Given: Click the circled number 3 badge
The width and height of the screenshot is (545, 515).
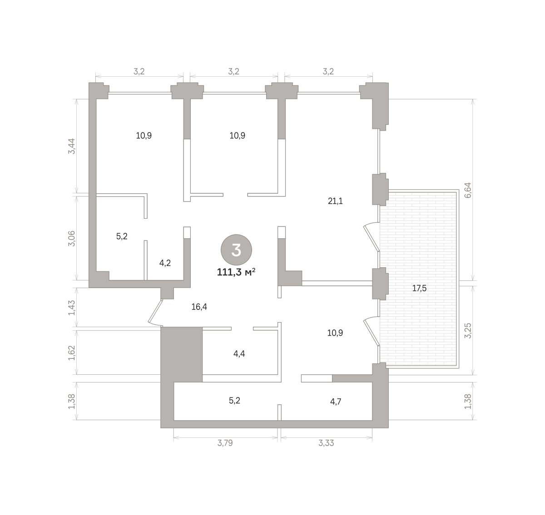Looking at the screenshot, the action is pos(236,250).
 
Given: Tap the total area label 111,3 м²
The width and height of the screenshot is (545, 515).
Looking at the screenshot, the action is pos(236,273).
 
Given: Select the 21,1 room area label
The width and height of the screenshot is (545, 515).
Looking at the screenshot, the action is pos(335,201).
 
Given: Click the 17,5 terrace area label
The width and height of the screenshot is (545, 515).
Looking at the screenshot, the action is pos(419,289).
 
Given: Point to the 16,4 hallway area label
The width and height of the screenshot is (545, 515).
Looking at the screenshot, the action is pos(199,307).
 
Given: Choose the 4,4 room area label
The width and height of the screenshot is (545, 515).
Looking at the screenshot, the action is pos(239,354).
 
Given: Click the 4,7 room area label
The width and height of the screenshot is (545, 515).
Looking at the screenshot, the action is pos(336,402).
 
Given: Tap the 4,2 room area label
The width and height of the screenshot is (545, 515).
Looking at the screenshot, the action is pos(165,263).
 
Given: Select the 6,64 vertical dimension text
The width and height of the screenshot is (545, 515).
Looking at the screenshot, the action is pos(468,190).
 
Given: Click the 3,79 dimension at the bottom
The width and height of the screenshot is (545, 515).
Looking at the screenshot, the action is pos(225,443).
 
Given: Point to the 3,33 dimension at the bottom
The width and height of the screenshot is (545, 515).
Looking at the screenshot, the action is pos(326,443).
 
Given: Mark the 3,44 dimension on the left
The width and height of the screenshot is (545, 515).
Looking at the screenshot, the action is pos(71,146).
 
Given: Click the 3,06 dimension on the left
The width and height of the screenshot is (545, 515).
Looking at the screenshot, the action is pos(71,239).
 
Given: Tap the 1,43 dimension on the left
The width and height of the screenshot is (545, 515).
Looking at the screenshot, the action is pos(71,308).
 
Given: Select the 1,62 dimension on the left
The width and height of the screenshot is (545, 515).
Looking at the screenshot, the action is pos(71,353).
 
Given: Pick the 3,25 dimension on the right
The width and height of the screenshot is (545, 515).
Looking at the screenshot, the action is pos(468,330).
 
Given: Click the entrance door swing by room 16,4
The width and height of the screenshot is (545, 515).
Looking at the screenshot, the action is pos(155,313).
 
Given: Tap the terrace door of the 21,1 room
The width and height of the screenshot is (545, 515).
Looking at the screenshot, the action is pos(372,237).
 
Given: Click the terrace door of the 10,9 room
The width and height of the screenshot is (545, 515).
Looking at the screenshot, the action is pos(372,331).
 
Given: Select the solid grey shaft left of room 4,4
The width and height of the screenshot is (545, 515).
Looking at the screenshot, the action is pos(181,354).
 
